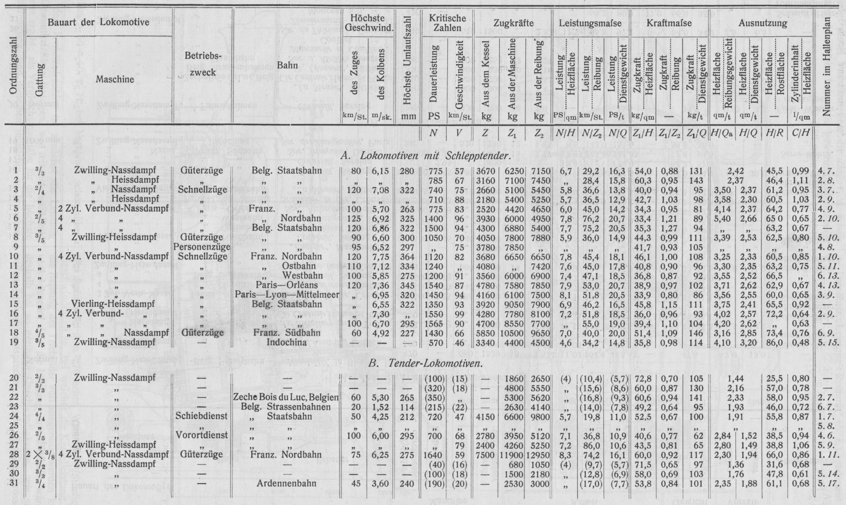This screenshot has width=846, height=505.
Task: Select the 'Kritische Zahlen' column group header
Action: click(x=447, y=24)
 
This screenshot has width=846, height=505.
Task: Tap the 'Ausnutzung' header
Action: click(x=763, y=24)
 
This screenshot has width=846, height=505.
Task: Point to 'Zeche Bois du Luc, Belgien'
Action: click(x=286, y=398)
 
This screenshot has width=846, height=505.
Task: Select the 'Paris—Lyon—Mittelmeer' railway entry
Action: click(x=283, y=294)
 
